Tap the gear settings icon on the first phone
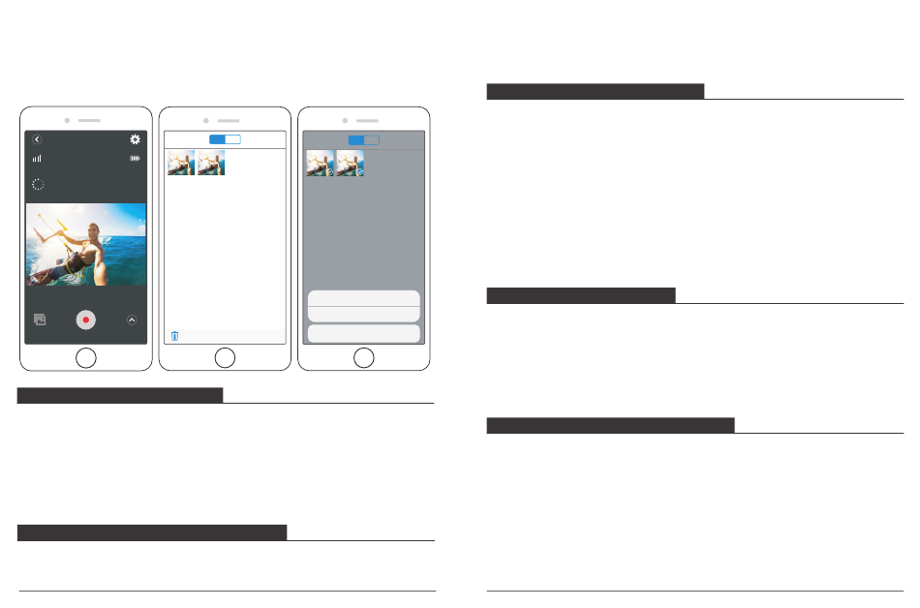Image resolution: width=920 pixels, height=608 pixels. pyautogui.click(x=135, y=139)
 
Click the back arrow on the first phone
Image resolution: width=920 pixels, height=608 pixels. pyautogui.click(x=37, y=139)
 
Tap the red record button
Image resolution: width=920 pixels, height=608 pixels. pyautogui.click(x=86, y=319)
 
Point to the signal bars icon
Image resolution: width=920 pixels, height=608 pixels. pyautogui.click(x=37, y=158)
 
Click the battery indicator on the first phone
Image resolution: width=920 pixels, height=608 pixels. pyautogui.click(x=136, y=158)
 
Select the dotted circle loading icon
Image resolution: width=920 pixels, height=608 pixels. pyautogui.click(x=38, y=183)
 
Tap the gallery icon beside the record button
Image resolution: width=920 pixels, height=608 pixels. pyautogui.click(x=40, y=319)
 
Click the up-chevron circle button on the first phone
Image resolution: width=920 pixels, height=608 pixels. pyautogui.click(x=132, y=319)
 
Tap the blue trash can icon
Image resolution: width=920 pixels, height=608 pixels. pyautogui.click(x=174, y=336)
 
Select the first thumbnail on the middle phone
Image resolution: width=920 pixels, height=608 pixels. pyautogui.click(x=181, y=163)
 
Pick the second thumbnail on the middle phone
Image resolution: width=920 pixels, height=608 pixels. pyautogui.click(x=211, y=163)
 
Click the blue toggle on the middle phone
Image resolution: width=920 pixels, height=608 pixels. pyautogui.click(x=225, y=139)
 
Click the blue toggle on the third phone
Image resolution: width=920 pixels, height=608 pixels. pyautogui.click(x=363, y=139)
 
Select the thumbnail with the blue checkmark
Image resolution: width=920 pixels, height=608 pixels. pyautogui.click(x=351, y=163)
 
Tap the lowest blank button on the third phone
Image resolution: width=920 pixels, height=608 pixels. pyautogui.click(x=363, y=334)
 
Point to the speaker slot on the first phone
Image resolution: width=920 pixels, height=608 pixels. pyautogui.click(x=90, y=120)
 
